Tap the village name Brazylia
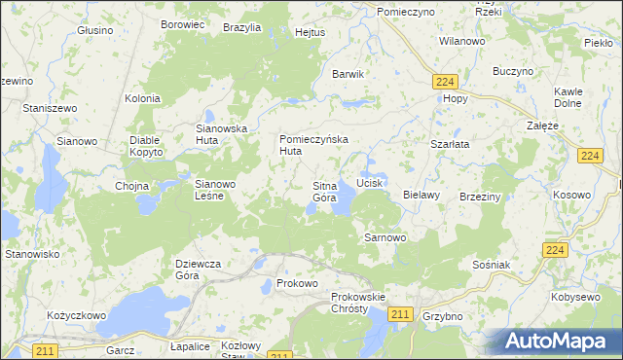(x=241, y=28)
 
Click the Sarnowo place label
(x=385, y=236)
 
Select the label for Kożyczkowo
(x=76, y=316)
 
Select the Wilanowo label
(x=462, y=42)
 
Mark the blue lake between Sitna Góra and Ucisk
(x=343, y=201)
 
